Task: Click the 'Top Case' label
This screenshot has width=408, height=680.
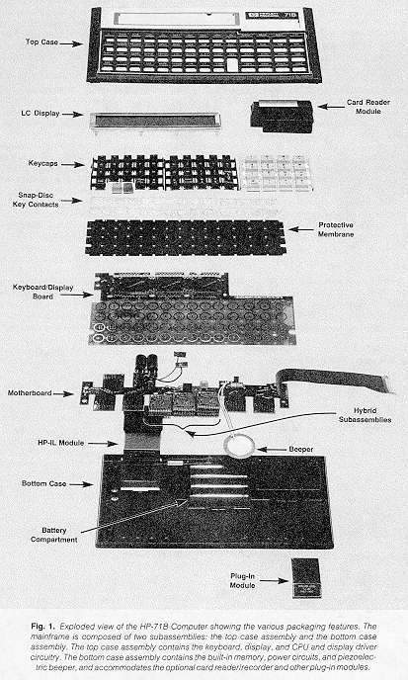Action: coord(41,42)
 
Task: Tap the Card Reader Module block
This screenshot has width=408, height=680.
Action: coord(282,116)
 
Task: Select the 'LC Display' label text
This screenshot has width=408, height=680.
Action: coord(41,114)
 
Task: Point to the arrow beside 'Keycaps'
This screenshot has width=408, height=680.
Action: coord(73,165)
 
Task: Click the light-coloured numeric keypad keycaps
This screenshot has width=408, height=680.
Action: coord(277,174)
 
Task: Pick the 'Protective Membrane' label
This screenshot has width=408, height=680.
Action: coord(336,229)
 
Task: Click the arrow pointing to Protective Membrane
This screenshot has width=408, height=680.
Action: coord(300,229)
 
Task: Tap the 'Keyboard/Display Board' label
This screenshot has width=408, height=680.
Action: coord(42,292)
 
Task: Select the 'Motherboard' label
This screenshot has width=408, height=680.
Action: coord(30,393)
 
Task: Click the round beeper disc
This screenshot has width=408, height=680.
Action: coord(239,447)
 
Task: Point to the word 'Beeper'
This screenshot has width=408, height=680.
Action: coord(301,450)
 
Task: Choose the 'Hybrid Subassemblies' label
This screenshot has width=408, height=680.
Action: coord(366,415)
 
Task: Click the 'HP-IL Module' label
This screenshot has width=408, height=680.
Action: coord(60,443)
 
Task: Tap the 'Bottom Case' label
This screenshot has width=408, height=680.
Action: coord(43,483)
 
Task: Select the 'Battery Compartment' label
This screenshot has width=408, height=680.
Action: coord(53,535)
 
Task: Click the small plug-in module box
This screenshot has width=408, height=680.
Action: coord(306,578)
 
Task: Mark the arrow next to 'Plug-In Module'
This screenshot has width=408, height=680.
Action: coord(274,581)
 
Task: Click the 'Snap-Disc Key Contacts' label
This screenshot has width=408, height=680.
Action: coord(36,200)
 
